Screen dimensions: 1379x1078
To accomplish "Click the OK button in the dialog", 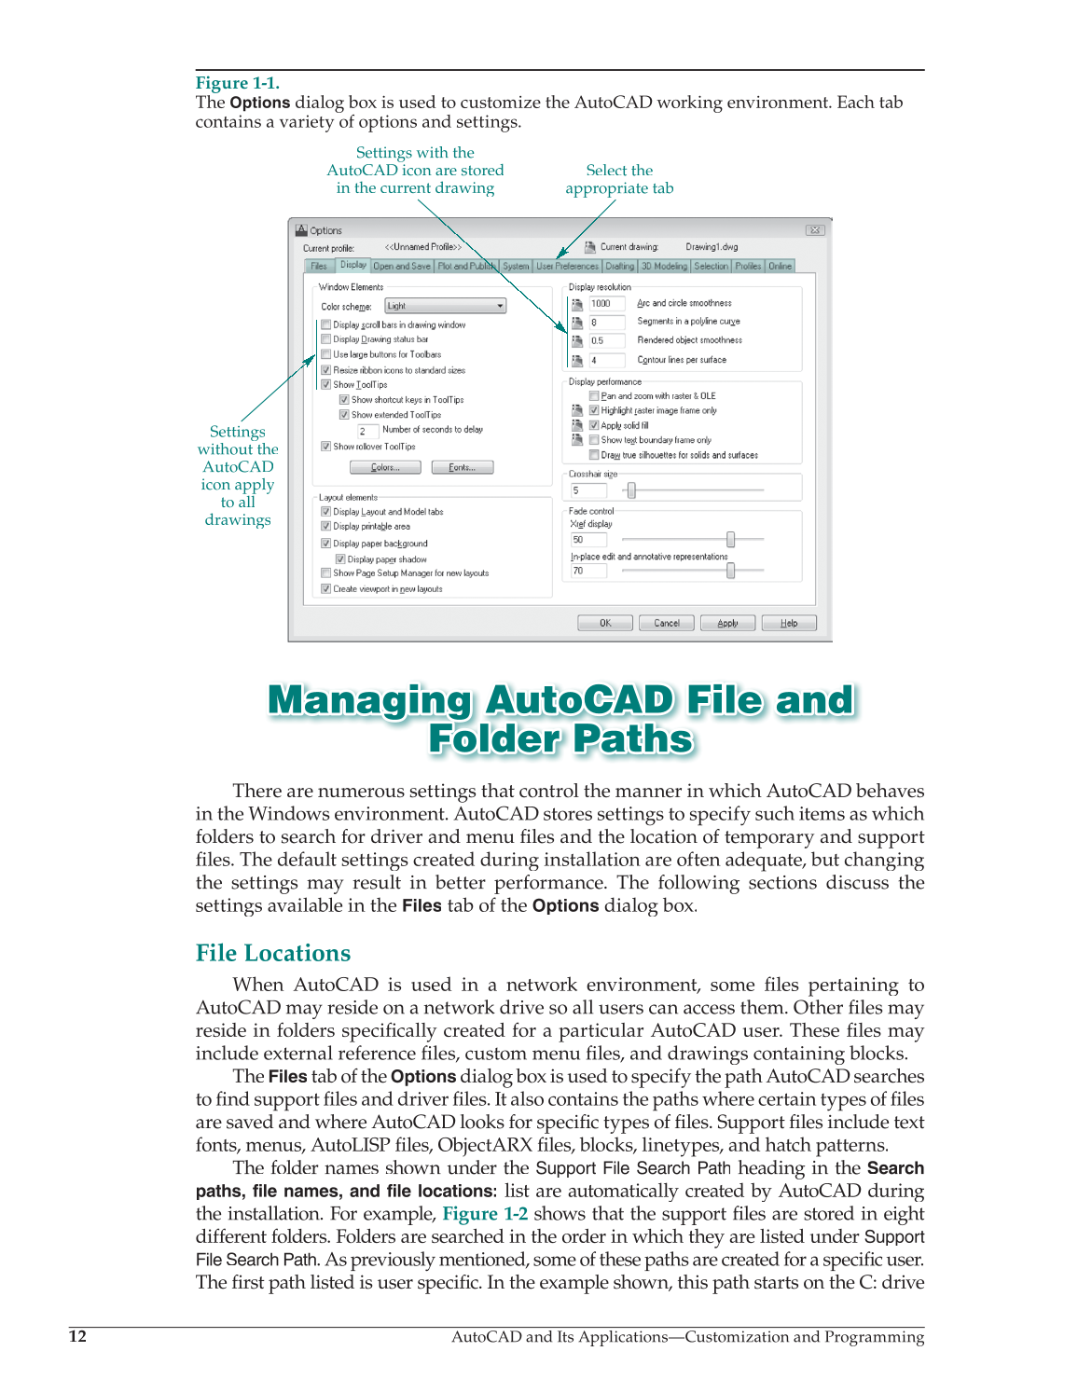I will [604, 623].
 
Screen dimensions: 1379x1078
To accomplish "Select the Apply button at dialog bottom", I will [728, 623].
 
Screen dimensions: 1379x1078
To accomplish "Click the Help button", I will [789, 623].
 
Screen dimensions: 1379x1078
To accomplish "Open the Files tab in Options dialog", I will [319, 267].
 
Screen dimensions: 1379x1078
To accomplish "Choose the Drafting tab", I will [620, 267].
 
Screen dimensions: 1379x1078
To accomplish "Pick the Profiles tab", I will [748, 267].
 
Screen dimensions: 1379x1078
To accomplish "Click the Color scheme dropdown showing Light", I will [446, 306].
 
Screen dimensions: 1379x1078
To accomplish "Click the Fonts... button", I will [463, 467].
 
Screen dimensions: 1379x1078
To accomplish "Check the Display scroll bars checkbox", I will [326, 324].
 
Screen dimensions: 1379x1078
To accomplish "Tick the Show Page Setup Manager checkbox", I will [326, 573].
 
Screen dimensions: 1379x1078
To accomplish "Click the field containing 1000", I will [606, 303].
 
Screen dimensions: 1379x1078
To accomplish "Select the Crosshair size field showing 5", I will [588, 490].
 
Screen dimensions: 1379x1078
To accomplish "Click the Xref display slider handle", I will [730, 539].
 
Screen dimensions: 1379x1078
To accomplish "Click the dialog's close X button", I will [814, 230].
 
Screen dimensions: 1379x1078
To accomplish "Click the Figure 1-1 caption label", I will [237, 83].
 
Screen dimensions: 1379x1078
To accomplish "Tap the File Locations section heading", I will [273, 953].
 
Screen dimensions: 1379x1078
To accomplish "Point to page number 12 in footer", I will [77, 1336].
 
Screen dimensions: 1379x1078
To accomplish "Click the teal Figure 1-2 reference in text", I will [485, 1214].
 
